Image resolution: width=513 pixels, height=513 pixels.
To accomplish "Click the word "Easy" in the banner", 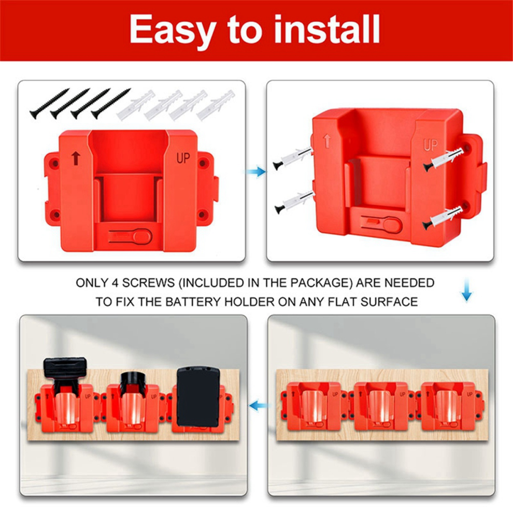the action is [173, 30].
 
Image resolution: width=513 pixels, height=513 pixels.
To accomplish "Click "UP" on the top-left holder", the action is [183, 158].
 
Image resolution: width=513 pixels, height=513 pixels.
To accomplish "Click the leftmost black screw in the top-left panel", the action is [49, 104].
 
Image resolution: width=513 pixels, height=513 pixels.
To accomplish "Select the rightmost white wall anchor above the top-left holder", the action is [216, 105].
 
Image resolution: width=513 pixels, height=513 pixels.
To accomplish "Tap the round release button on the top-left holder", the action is [144, 236].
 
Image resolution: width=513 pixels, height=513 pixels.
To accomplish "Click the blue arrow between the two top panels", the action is [256, 171].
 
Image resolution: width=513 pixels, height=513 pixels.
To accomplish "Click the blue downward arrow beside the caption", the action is [466, 290].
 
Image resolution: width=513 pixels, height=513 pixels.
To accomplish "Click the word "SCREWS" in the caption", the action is [149, 283].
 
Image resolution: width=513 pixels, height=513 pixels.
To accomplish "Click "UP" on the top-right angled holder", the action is [431, 145].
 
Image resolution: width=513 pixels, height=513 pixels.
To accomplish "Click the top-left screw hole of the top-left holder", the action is [55, 163].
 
